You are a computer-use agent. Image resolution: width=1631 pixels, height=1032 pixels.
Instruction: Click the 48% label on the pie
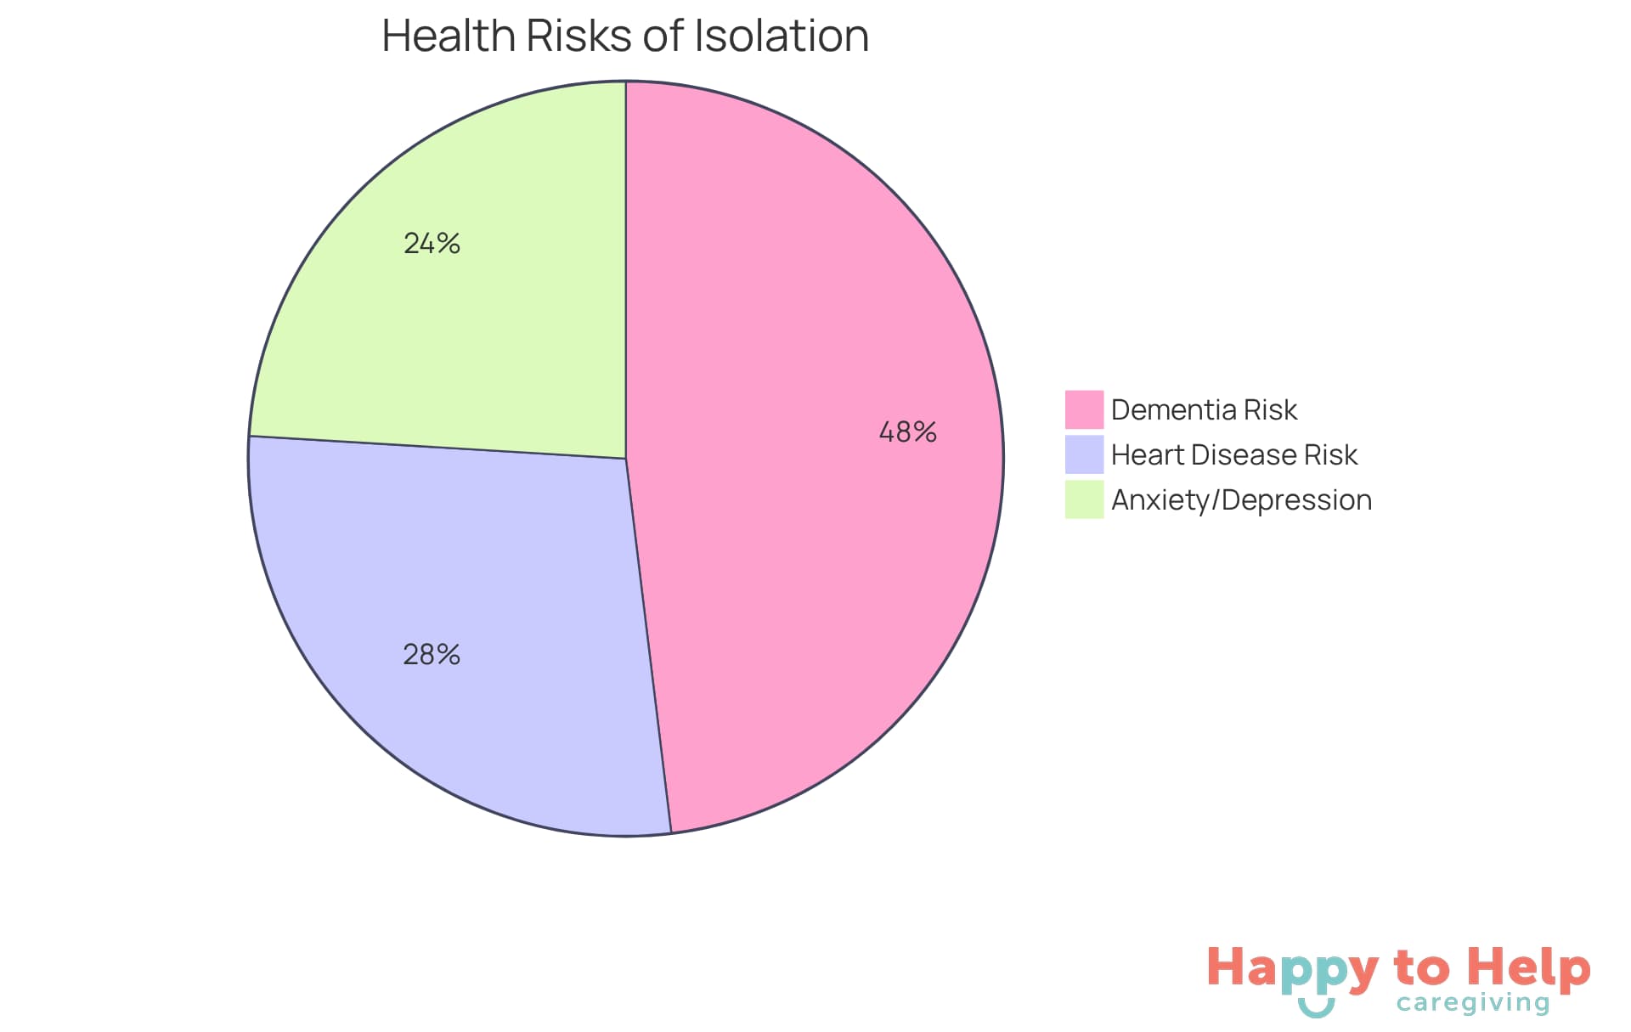[907, 432]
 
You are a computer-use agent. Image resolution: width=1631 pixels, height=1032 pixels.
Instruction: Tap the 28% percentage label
[432, 654]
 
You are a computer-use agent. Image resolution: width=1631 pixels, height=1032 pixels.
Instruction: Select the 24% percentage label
[432, 244]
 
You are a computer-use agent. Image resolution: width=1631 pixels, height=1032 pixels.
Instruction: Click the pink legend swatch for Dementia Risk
[1084, 409]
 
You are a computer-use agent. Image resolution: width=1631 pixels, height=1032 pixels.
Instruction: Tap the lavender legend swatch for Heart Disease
[1084, 454]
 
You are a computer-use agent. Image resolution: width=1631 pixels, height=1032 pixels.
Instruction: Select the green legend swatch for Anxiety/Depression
[1084, 499]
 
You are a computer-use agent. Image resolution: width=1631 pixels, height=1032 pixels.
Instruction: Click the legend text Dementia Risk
[1204, 409]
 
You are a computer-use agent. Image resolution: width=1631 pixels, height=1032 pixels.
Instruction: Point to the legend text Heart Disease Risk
[1233, 454]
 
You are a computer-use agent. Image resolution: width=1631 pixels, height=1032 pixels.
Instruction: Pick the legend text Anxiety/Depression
[1241, 499]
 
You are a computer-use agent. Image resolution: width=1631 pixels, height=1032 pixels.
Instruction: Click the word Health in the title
[449, 36]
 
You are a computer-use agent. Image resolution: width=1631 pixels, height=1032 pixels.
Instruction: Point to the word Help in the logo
[1529, 968]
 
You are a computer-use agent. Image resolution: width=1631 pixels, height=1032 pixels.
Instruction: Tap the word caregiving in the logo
[1473, 1003]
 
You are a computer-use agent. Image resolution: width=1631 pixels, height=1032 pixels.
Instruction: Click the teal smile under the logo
[1316, 1008]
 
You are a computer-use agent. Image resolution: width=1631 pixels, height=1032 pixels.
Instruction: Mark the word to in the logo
[1421, 968]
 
